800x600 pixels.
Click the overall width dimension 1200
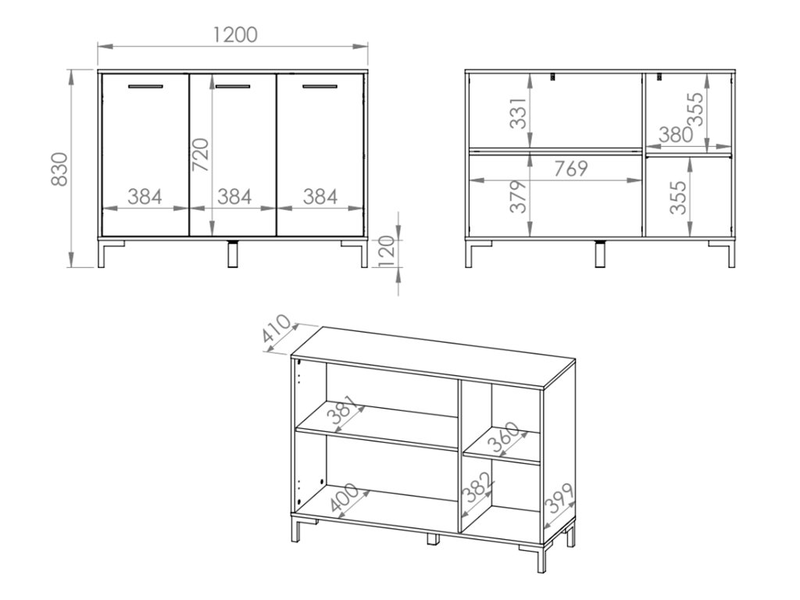(x=235, y=34)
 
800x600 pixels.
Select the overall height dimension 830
(x=59, y=169)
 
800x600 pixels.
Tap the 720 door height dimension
(x=201, y=155)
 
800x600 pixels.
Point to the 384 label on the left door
(x=145, y=196)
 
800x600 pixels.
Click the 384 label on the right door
(x=320, y=196)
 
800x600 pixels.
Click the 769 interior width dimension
(x=571, y=169)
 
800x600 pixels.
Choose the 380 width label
(x=676, y=134)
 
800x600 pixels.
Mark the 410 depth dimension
(x=276, y=329)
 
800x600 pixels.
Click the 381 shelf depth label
(x=342, y=410)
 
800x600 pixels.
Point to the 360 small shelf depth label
(x=502, y=437)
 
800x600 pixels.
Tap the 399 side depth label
(x=559, y=498)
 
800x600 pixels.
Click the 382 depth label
(x=477, y=488)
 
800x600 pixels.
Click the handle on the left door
(x=145, y=86)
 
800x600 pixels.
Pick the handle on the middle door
(x=233, y=86)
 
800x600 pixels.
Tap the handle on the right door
(x=320, y=86)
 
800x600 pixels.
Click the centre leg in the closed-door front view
(x=233, y=254)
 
